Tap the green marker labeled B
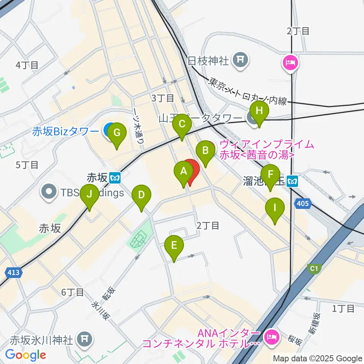click(205, 151)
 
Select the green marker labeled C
click(182, 125)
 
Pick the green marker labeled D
click(141, 196)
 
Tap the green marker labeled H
click(259, 112)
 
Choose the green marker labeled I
click(275, 208)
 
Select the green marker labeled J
click(89, 195)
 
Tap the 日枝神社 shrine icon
click(240, 60)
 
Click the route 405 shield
click(303, 204)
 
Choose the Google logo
click(25, 355)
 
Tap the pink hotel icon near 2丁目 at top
click(290, 62)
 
